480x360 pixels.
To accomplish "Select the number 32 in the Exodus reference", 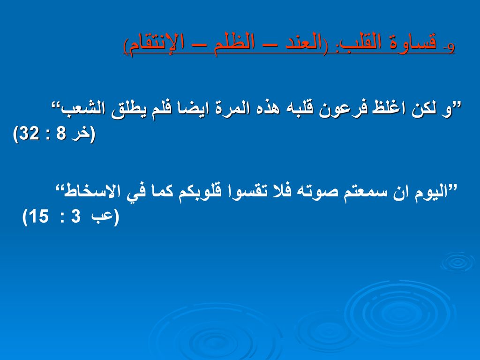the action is coord(30,134).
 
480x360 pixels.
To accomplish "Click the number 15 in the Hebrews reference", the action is coord(38,217).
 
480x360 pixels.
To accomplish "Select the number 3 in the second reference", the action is coord(75,217).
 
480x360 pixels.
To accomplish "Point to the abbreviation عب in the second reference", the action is coord(102,217).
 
